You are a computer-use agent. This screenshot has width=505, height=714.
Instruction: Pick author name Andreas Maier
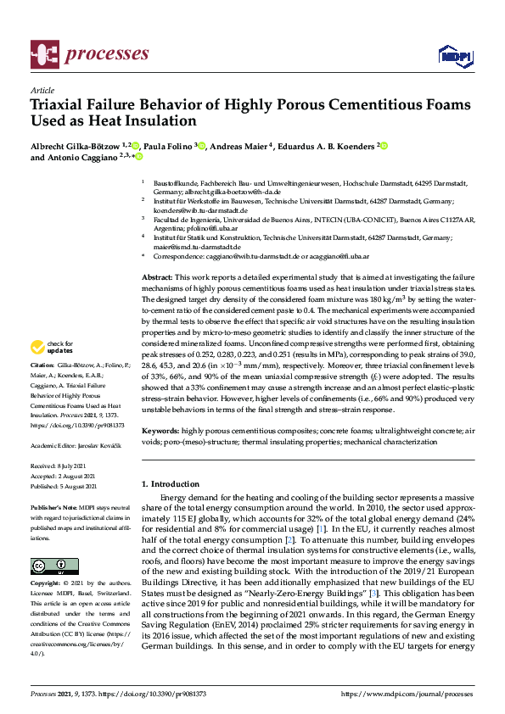238,146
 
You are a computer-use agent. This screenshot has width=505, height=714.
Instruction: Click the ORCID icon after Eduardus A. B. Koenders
384,146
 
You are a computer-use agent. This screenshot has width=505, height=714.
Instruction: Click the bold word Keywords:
160,432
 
